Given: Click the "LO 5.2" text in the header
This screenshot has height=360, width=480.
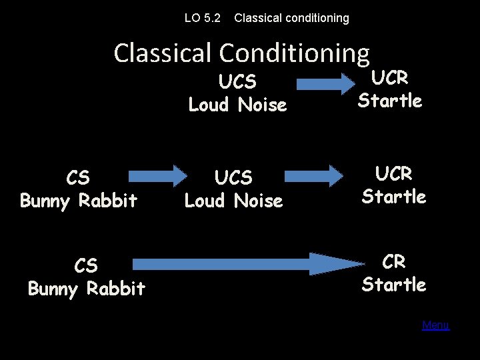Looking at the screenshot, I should pyautogui.click(x=203, y=18).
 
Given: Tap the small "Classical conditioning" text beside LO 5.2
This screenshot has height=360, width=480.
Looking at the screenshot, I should pyautogui.click(x=291, y=18).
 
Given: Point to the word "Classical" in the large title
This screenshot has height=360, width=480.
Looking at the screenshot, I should pyautogui.click(x=163, y=53).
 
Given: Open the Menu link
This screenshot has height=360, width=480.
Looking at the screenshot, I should pyautogui.click(x=435, y=325).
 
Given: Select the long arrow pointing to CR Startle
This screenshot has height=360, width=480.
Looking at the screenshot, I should pyautogui.click(x=240, y=265).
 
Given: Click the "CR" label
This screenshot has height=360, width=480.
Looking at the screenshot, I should pyautogui.click(x=394, y=262).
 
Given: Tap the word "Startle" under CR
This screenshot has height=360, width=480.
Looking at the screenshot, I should pyautogui.click(x=394, y=285).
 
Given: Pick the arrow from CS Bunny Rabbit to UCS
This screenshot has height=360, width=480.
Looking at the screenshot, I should pyautogui.click(x=157, y=176).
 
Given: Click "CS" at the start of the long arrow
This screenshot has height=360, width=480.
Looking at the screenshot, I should pyautogui.click(x=86, y=266).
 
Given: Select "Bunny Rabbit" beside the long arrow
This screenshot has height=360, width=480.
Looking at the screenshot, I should pyautogui.click(x=86, y=289).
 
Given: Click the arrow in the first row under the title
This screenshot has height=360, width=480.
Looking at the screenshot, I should pyautogui.click(x=325, y=84).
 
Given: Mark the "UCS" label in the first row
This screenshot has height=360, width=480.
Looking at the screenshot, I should pyautogui.click(x=237, y=82).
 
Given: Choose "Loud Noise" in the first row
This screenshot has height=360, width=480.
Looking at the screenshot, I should pyautogui.click(x=237, y=105).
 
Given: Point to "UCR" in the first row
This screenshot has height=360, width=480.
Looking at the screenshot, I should pyautogui.click(x=390, y=78).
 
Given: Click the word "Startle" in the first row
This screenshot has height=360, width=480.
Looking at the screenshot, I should pyautogui.click(x=390, y=101).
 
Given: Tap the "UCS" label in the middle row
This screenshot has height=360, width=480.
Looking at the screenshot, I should pyautogui.click(x=233, y=178).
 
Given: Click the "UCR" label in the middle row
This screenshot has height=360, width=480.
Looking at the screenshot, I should pyautogui.click(x=394, y=174).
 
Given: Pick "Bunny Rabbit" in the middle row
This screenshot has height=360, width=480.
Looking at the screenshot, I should pyautogui.click(x=79, y=200).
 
